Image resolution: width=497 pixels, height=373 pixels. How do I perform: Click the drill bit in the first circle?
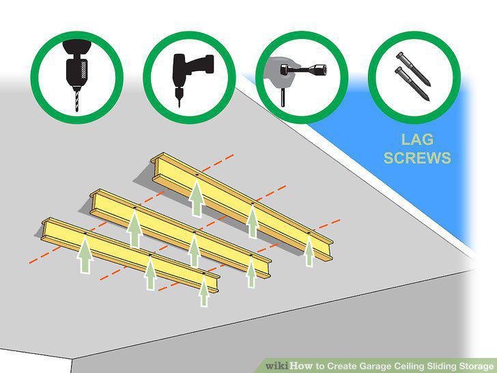pos(76,100)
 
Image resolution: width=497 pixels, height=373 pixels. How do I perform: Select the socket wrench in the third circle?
pos(303,70)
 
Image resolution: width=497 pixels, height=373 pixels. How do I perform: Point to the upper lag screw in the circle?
pos(413,69)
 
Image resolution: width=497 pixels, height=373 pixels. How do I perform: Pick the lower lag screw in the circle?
pos(412,84)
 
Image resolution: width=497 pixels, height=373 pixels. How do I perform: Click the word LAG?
pos(417,139)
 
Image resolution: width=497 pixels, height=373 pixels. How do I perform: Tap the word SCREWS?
pos(417,158)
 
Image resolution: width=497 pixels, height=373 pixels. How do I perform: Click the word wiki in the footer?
pos(276,365)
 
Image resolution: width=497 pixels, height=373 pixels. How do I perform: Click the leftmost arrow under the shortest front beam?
pos(85,254)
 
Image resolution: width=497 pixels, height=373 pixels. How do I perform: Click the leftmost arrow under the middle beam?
pos(134,228)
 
